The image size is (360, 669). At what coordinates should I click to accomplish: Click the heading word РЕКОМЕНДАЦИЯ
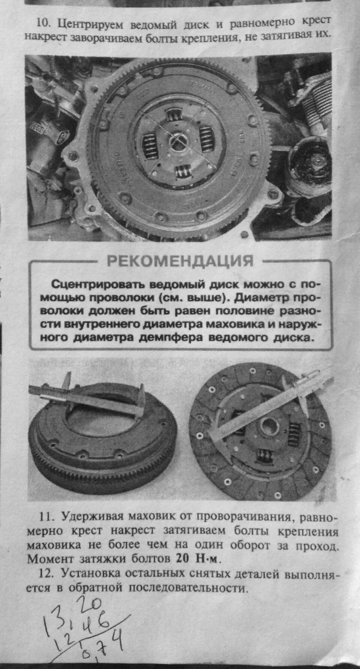click(x=180, y=260)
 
